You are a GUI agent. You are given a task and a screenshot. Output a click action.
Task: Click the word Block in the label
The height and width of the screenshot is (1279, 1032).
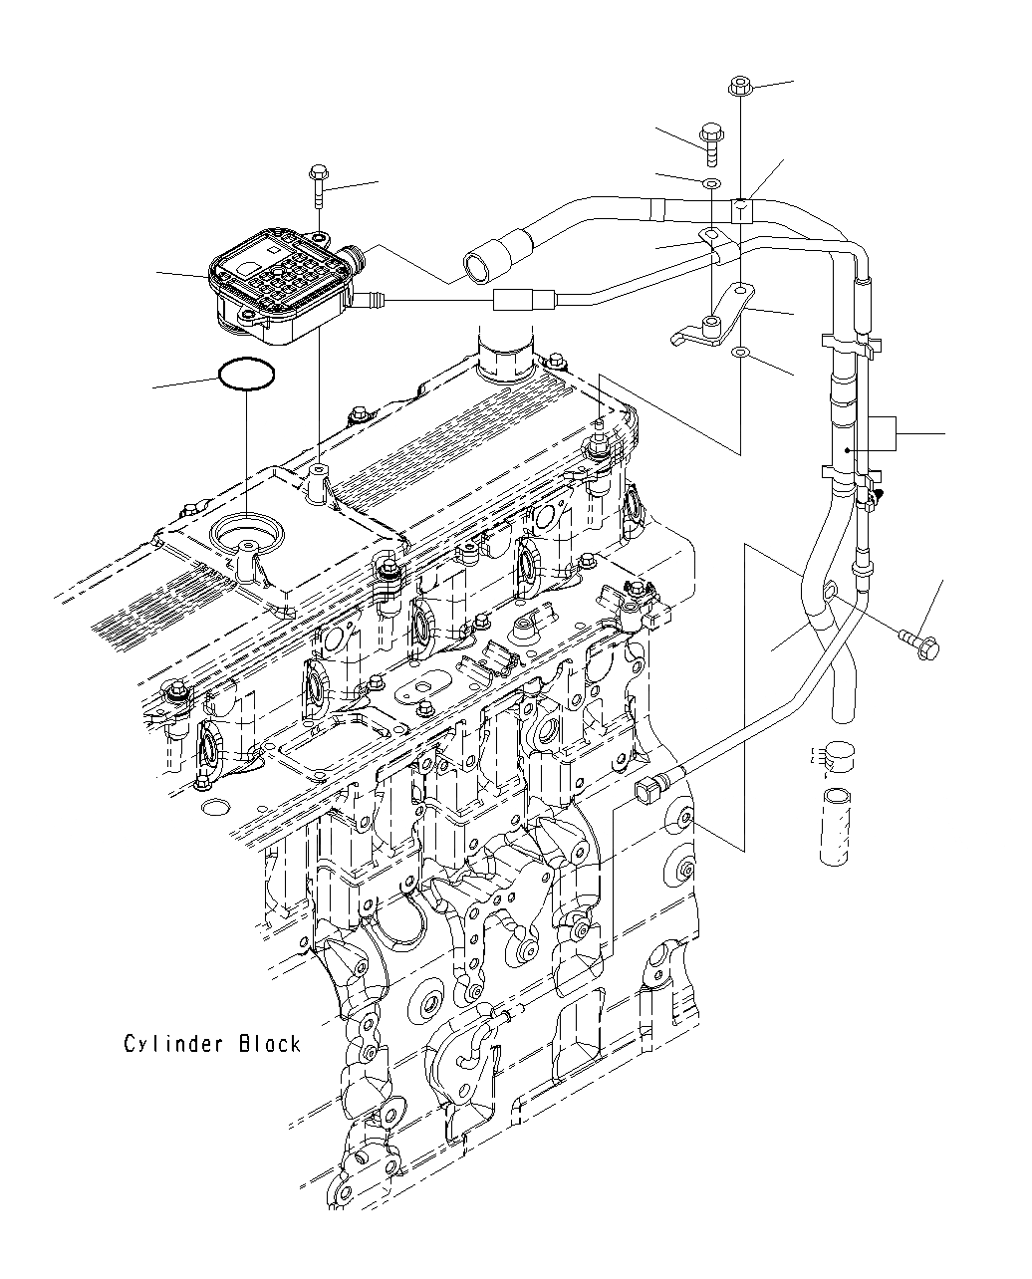coord(269,1044)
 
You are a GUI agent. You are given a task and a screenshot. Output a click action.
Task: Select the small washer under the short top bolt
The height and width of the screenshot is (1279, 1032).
coord(711,185)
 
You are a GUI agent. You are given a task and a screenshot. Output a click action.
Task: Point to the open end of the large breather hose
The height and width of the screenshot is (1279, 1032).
coord(475,266)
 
